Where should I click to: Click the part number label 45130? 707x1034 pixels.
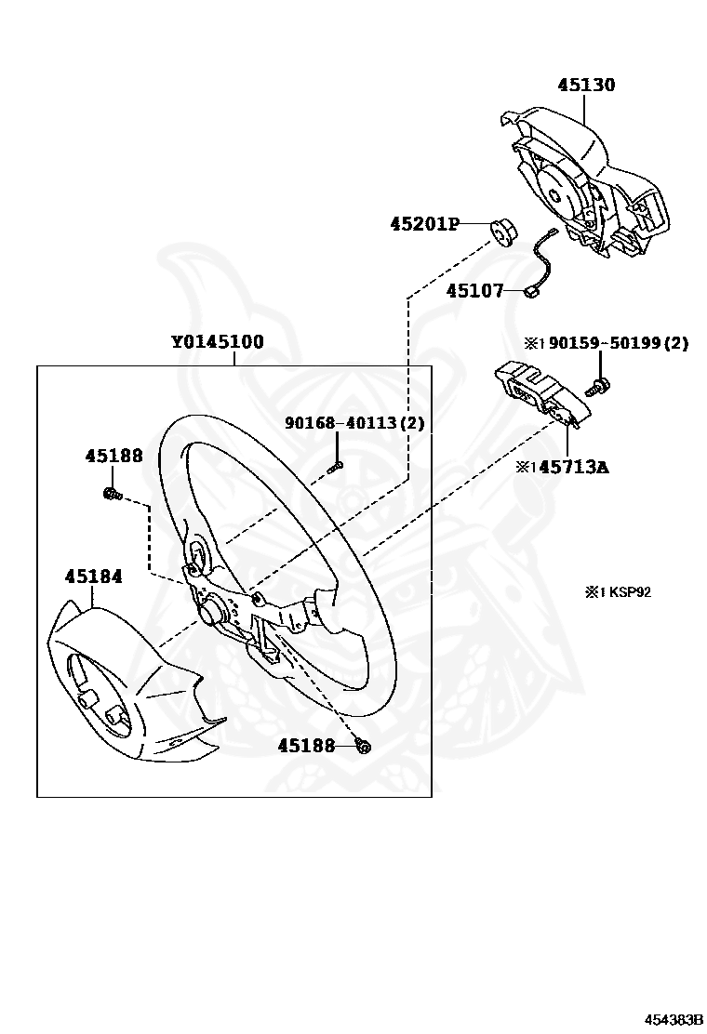coord(586,86)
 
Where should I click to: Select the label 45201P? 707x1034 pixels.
coord(425,224)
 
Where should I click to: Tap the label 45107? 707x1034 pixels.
coord(474,291)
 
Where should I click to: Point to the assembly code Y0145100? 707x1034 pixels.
coord(217,342)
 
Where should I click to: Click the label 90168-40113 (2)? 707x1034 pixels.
coord(354,423)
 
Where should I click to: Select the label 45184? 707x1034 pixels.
coord(93,577)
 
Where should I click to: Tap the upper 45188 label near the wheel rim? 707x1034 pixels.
coord(114,456)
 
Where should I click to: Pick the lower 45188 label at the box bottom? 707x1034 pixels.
coord(306,746)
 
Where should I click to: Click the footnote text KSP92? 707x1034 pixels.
coord(629,591)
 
